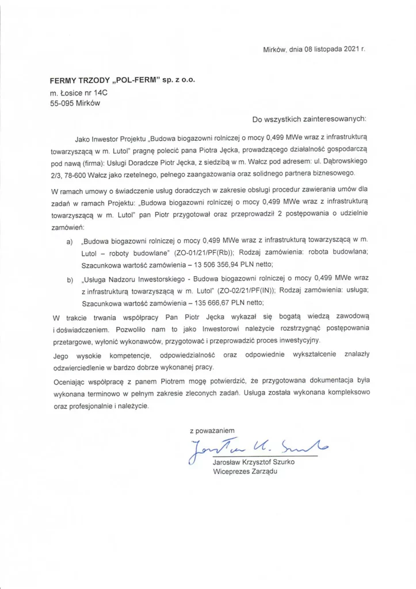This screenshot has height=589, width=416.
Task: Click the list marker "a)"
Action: tap(70, 243)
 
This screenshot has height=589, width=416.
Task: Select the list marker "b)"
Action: tap(70, 280)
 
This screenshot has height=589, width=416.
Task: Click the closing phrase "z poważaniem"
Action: tap(212, 430)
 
